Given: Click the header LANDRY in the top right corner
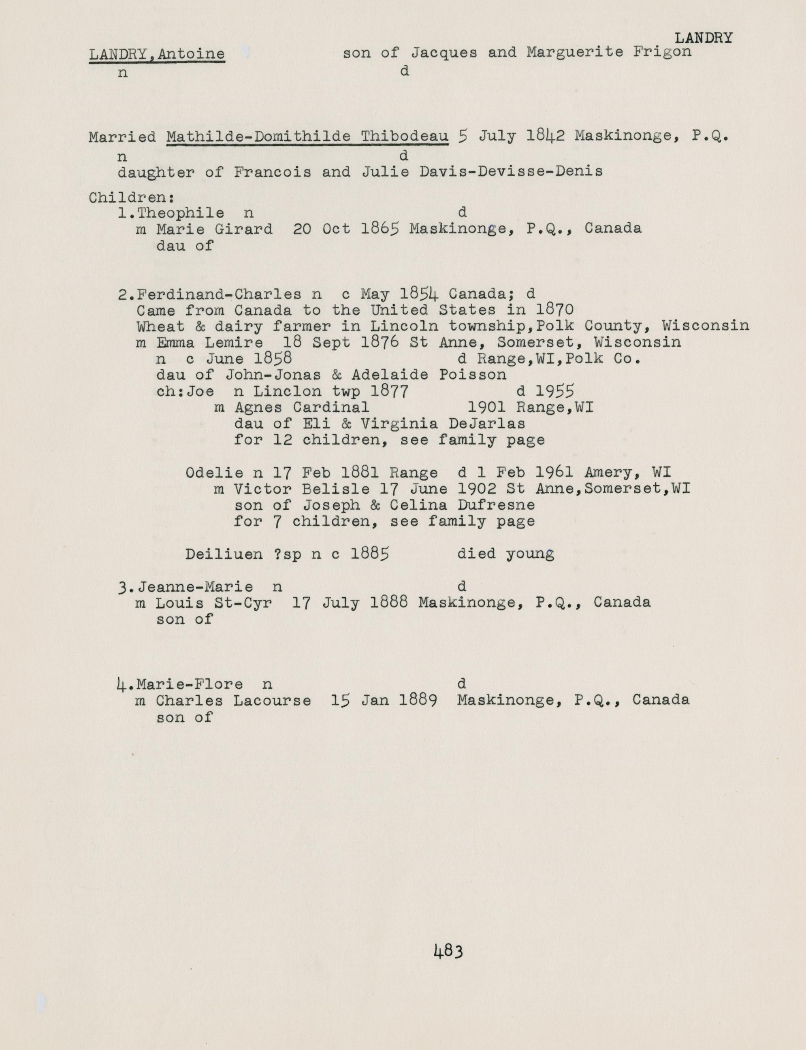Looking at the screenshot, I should (x=704, y=38).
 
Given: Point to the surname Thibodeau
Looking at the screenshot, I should (x=405, y=137).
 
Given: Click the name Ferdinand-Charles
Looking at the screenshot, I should (x=219, y=294).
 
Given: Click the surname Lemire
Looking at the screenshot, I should (x=239, y=343).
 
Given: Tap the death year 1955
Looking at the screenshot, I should (x=554, y=392).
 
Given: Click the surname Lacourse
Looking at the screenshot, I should (x=272, y=701).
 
